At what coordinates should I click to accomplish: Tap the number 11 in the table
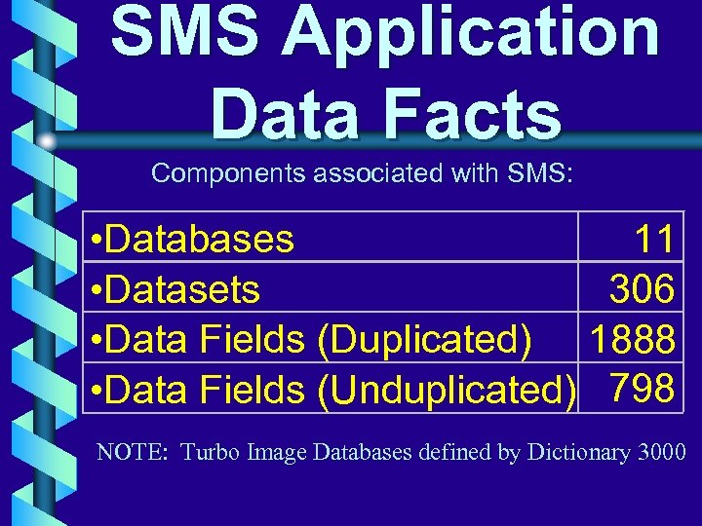pyautogui.click(x=653, y=239)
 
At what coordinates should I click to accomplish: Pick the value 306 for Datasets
pyautogui.click(x=643, y=288)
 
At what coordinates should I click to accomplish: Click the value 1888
pyautogui.click(x=631, y=339)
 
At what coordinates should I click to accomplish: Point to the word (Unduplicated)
pyautogui.click(x=448, y=391)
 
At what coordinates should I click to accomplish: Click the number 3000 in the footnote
pyautogui.click(x=661, y=452)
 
